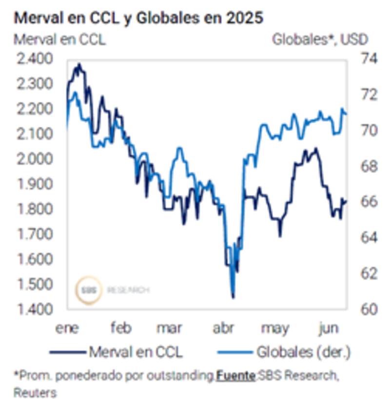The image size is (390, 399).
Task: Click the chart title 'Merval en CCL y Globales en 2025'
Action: pyautogui.click(x=138, y=18)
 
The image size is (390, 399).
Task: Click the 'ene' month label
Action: pyautogui.click(x=67, y=328)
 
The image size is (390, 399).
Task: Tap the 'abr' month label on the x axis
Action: pyautogui.click(x=224, y=328)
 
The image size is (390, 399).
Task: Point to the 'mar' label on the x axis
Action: pyautogui.click(x=169, y=328)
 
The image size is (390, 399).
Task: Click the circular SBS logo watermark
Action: pyautogui.click(x=89, y=290)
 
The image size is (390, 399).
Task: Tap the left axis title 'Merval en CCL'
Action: pyautogui.click(x=59, y=39)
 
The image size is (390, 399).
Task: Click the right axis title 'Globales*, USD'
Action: pyautogui.click(x=319, y=39)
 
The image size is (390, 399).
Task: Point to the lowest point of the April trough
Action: pyautogui.click(x=233, y=297)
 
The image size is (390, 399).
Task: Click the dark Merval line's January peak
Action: pyautogui.click(x=79, y=64)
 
